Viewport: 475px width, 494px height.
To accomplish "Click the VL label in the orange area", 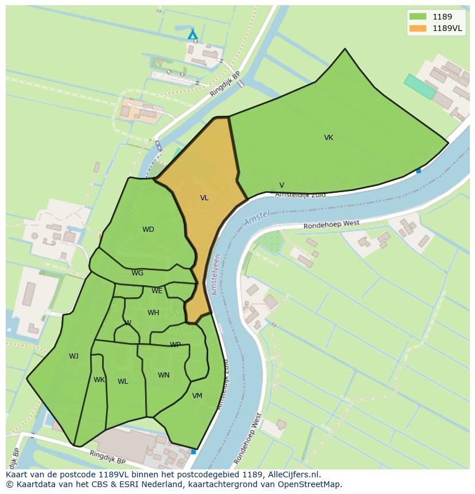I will tap(204, 198).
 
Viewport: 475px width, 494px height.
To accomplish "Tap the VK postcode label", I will tap(328, 138).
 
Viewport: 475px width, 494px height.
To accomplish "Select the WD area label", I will tap(148, 230).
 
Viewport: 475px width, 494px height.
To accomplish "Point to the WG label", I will tap(137, 273).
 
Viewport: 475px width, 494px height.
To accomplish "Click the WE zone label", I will tap(157, 291).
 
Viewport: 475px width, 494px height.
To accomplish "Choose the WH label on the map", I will tap(153, 313).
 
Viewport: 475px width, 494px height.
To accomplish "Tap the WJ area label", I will tap(73, 356).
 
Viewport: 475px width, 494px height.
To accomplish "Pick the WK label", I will tap(99, 380).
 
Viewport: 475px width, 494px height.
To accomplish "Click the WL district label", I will tap(123, 382).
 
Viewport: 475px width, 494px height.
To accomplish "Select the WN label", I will tap(163, 375).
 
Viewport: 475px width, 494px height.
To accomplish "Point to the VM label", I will tap(197, 396).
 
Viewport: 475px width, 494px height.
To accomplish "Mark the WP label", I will tap(175, 345).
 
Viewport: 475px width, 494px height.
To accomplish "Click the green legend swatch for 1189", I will tap(418, 17).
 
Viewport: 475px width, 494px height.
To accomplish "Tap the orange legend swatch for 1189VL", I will tap(418, 28).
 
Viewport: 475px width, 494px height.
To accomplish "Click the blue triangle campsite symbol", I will tap(193, 35).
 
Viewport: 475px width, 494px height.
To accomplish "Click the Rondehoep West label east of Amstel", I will tap(332, 225).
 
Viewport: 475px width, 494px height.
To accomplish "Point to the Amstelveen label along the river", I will tap(216, 275).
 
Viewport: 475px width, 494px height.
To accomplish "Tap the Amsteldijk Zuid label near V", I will tap(300, 195).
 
